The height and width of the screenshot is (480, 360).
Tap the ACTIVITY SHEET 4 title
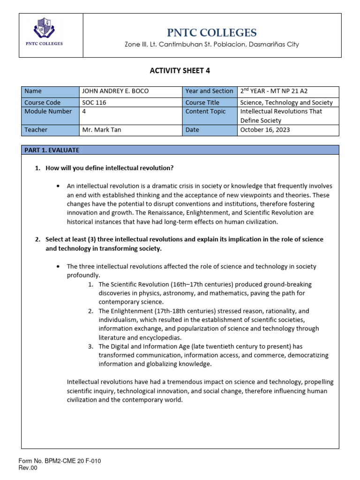[180, 71]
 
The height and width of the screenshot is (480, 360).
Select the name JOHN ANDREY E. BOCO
[115, 91]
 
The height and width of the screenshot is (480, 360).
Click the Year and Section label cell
[209, 91]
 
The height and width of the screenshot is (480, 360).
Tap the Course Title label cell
[202, 102]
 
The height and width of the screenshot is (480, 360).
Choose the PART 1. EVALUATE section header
[52, 150]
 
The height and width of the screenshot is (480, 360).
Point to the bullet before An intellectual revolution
[58, 187]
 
